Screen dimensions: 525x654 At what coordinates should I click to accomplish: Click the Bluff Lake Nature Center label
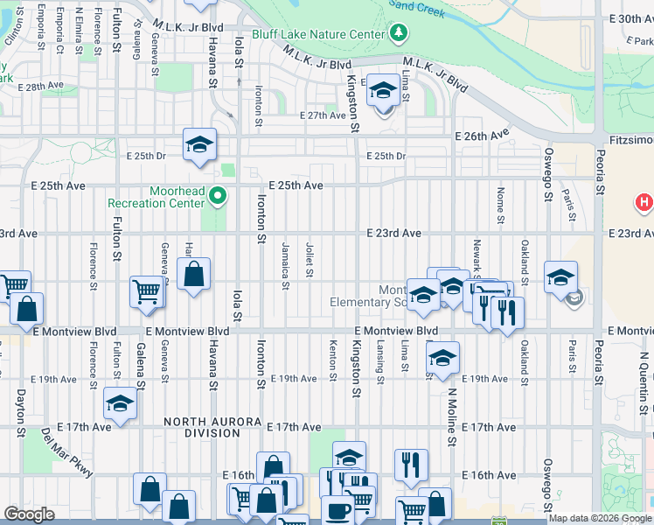tap(317, 34)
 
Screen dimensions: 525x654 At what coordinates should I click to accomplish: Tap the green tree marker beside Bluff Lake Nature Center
tap(399, 33)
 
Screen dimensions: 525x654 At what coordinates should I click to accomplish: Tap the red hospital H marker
tap(644, 202)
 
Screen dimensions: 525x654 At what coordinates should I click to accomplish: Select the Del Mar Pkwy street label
tap(66, 453)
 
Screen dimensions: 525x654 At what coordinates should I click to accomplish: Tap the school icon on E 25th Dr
tap(199, 143)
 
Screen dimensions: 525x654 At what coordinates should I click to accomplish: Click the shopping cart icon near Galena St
tap(146, 291)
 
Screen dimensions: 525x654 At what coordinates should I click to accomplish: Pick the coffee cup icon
tap(337, 510)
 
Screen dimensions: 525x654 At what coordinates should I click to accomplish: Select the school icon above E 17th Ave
tap(120, 402)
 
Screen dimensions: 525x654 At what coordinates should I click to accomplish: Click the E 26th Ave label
tap(481, 136)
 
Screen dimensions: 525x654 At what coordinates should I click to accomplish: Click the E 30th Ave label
tap(630, 18)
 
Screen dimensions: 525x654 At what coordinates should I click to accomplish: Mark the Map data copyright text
tap(599, 518)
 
